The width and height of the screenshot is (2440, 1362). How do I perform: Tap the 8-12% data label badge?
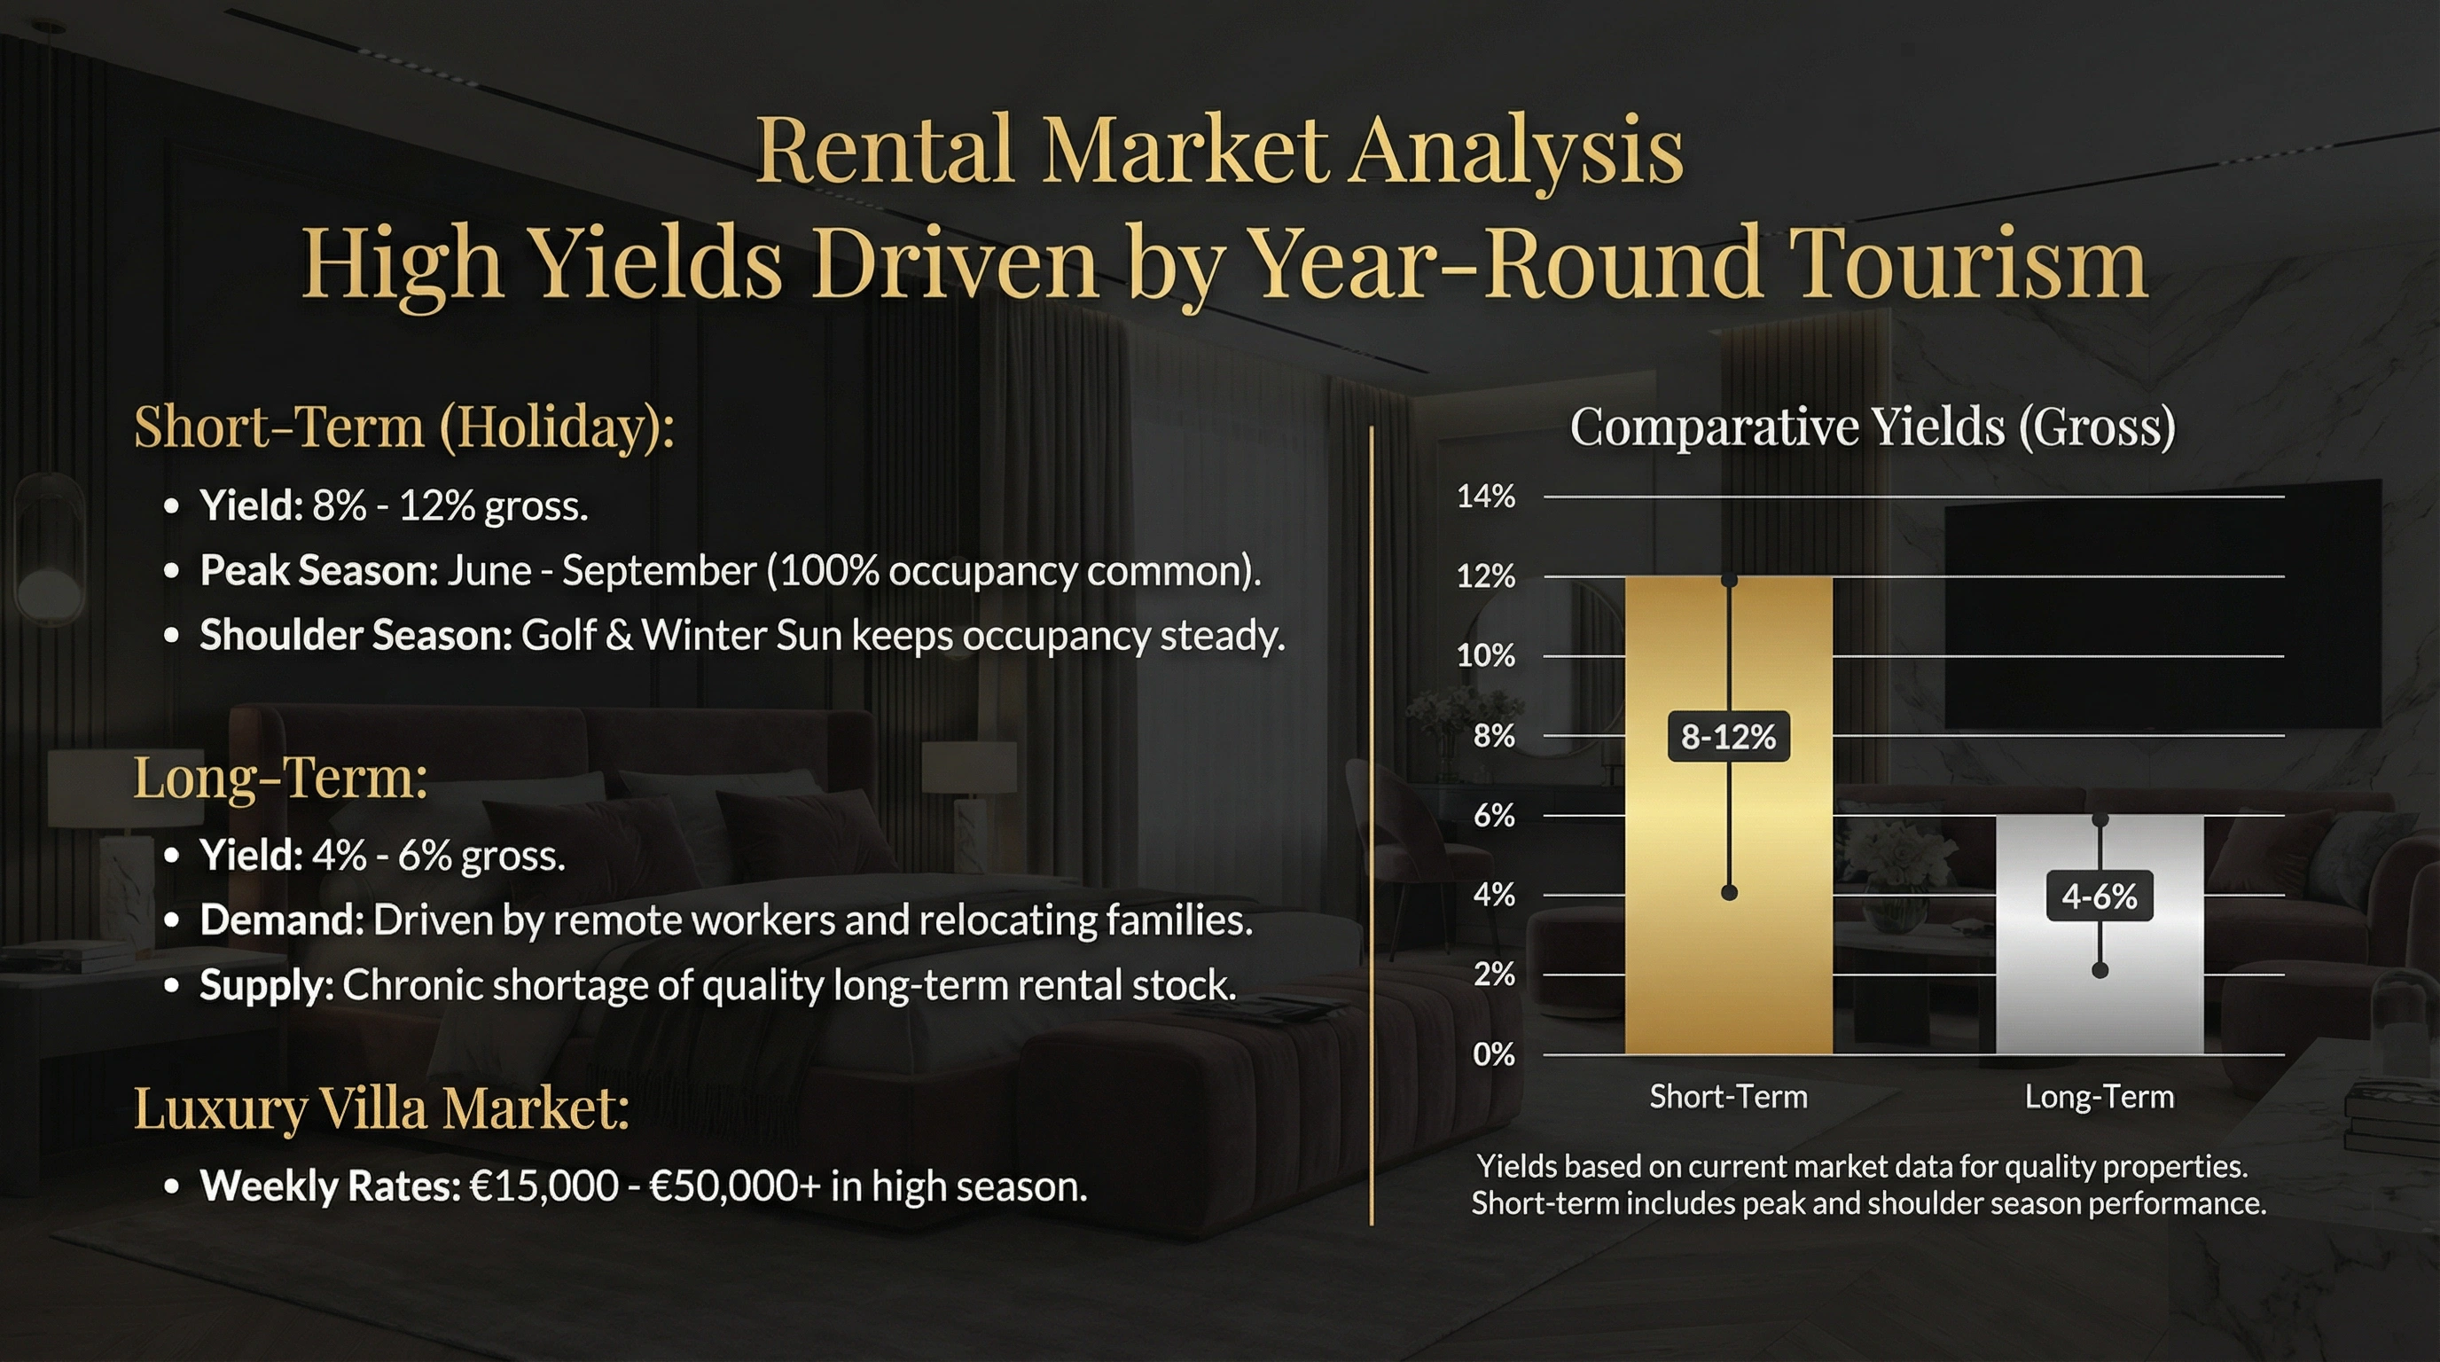[x=1728, y=737]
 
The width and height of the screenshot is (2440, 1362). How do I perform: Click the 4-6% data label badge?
[x=2099, y=896]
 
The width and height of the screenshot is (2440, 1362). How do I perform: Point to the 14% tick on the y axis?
[x=1486, y=497]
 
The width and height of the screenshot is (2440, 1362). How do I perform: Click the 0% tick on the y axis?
[x=1494, y=1054]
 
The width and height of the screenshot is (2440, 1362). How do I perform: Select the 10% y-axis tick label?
[x=1486, y=655]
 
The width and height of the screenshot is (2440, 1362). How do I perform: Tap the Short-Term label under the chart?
[x=1728, y=1097]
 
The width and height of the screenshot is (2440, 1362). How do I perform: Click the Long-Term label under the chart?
[x=2099, y=1097]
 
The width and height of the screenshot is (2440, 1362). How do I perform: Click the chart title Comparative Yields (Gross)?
[x=1873, y=427]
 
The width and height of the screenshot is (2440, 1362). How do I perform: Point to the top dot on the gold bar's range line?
[x=1729, y=580]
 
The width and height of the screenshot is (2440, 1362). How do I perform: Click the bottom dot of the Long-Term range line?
[x=2100, y=970]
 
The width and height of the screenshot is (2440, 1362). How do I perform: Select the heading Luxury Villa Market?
[x=380, y=1108]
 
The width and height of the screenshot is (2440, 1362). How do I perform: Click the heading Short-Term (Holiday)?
[x=404, y=427]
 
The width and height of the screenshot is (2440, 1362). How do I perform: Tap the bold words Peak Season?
[x=319, y=570]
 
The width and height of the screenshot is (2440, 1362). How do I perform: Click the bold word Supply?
[x=266, y=985]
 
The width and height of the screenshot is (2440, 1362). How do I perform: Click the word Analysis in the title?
[x=1515, y=152]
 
